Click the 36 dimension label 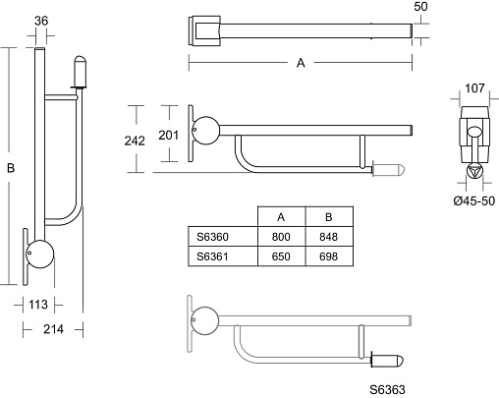(x=41, y=21)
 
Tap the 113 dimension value (x=38, y=305)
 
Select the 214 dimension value (x=53, y=329)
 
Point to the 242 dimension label (x=135, y=141)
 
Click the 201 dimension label (x=169, y=135)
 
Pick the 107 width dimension (x=474, y=88)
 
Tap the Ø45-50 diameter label (x=474, y=200)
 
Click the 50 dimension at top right (x=420, y=7)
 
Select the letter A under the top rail (x=301, y=63)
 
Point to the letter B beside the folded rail (x=11, y=168)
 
